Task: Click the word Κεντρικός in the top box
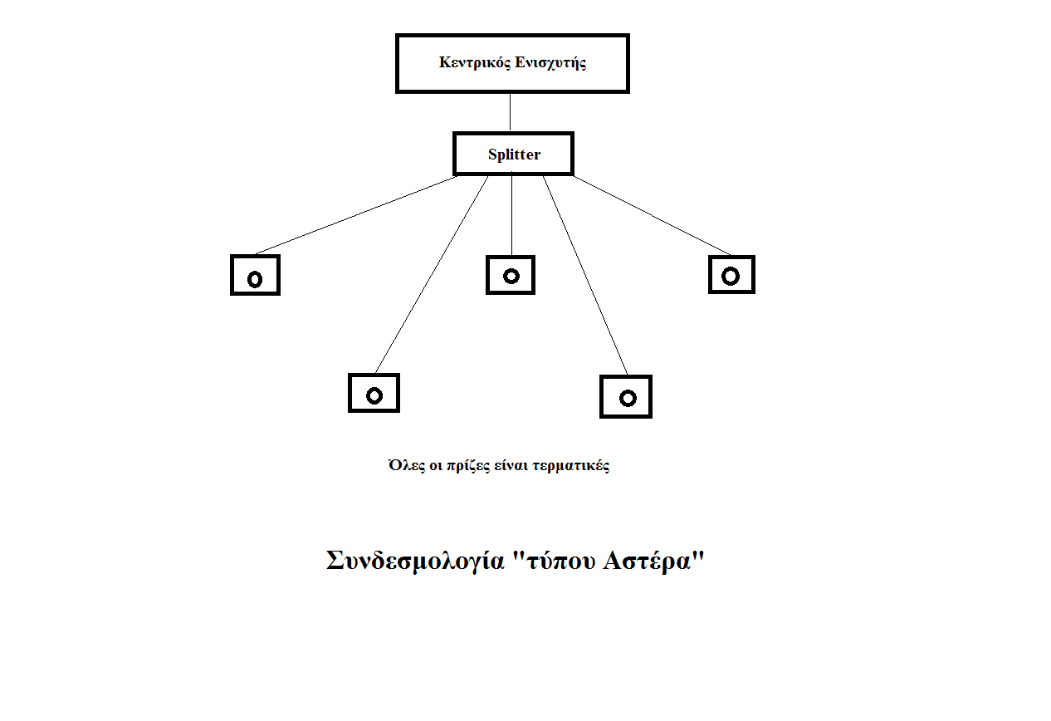click(475, 62)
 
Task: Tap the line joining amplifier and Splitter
click(510, 112)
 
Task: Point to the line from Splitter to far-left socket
click(356, 215)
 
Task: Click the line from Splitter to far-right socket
click(652, 215)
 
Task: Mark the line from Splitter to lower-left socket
click(432, 275)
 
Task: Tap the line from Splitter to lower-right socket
click(585, 276)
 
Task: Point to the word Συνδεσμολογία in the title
click(415, 561)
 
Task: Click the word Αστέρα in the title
click(647, 561)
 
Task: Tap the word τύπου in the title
click(561, 562)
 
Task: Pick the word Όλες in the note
click(407, 465)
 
